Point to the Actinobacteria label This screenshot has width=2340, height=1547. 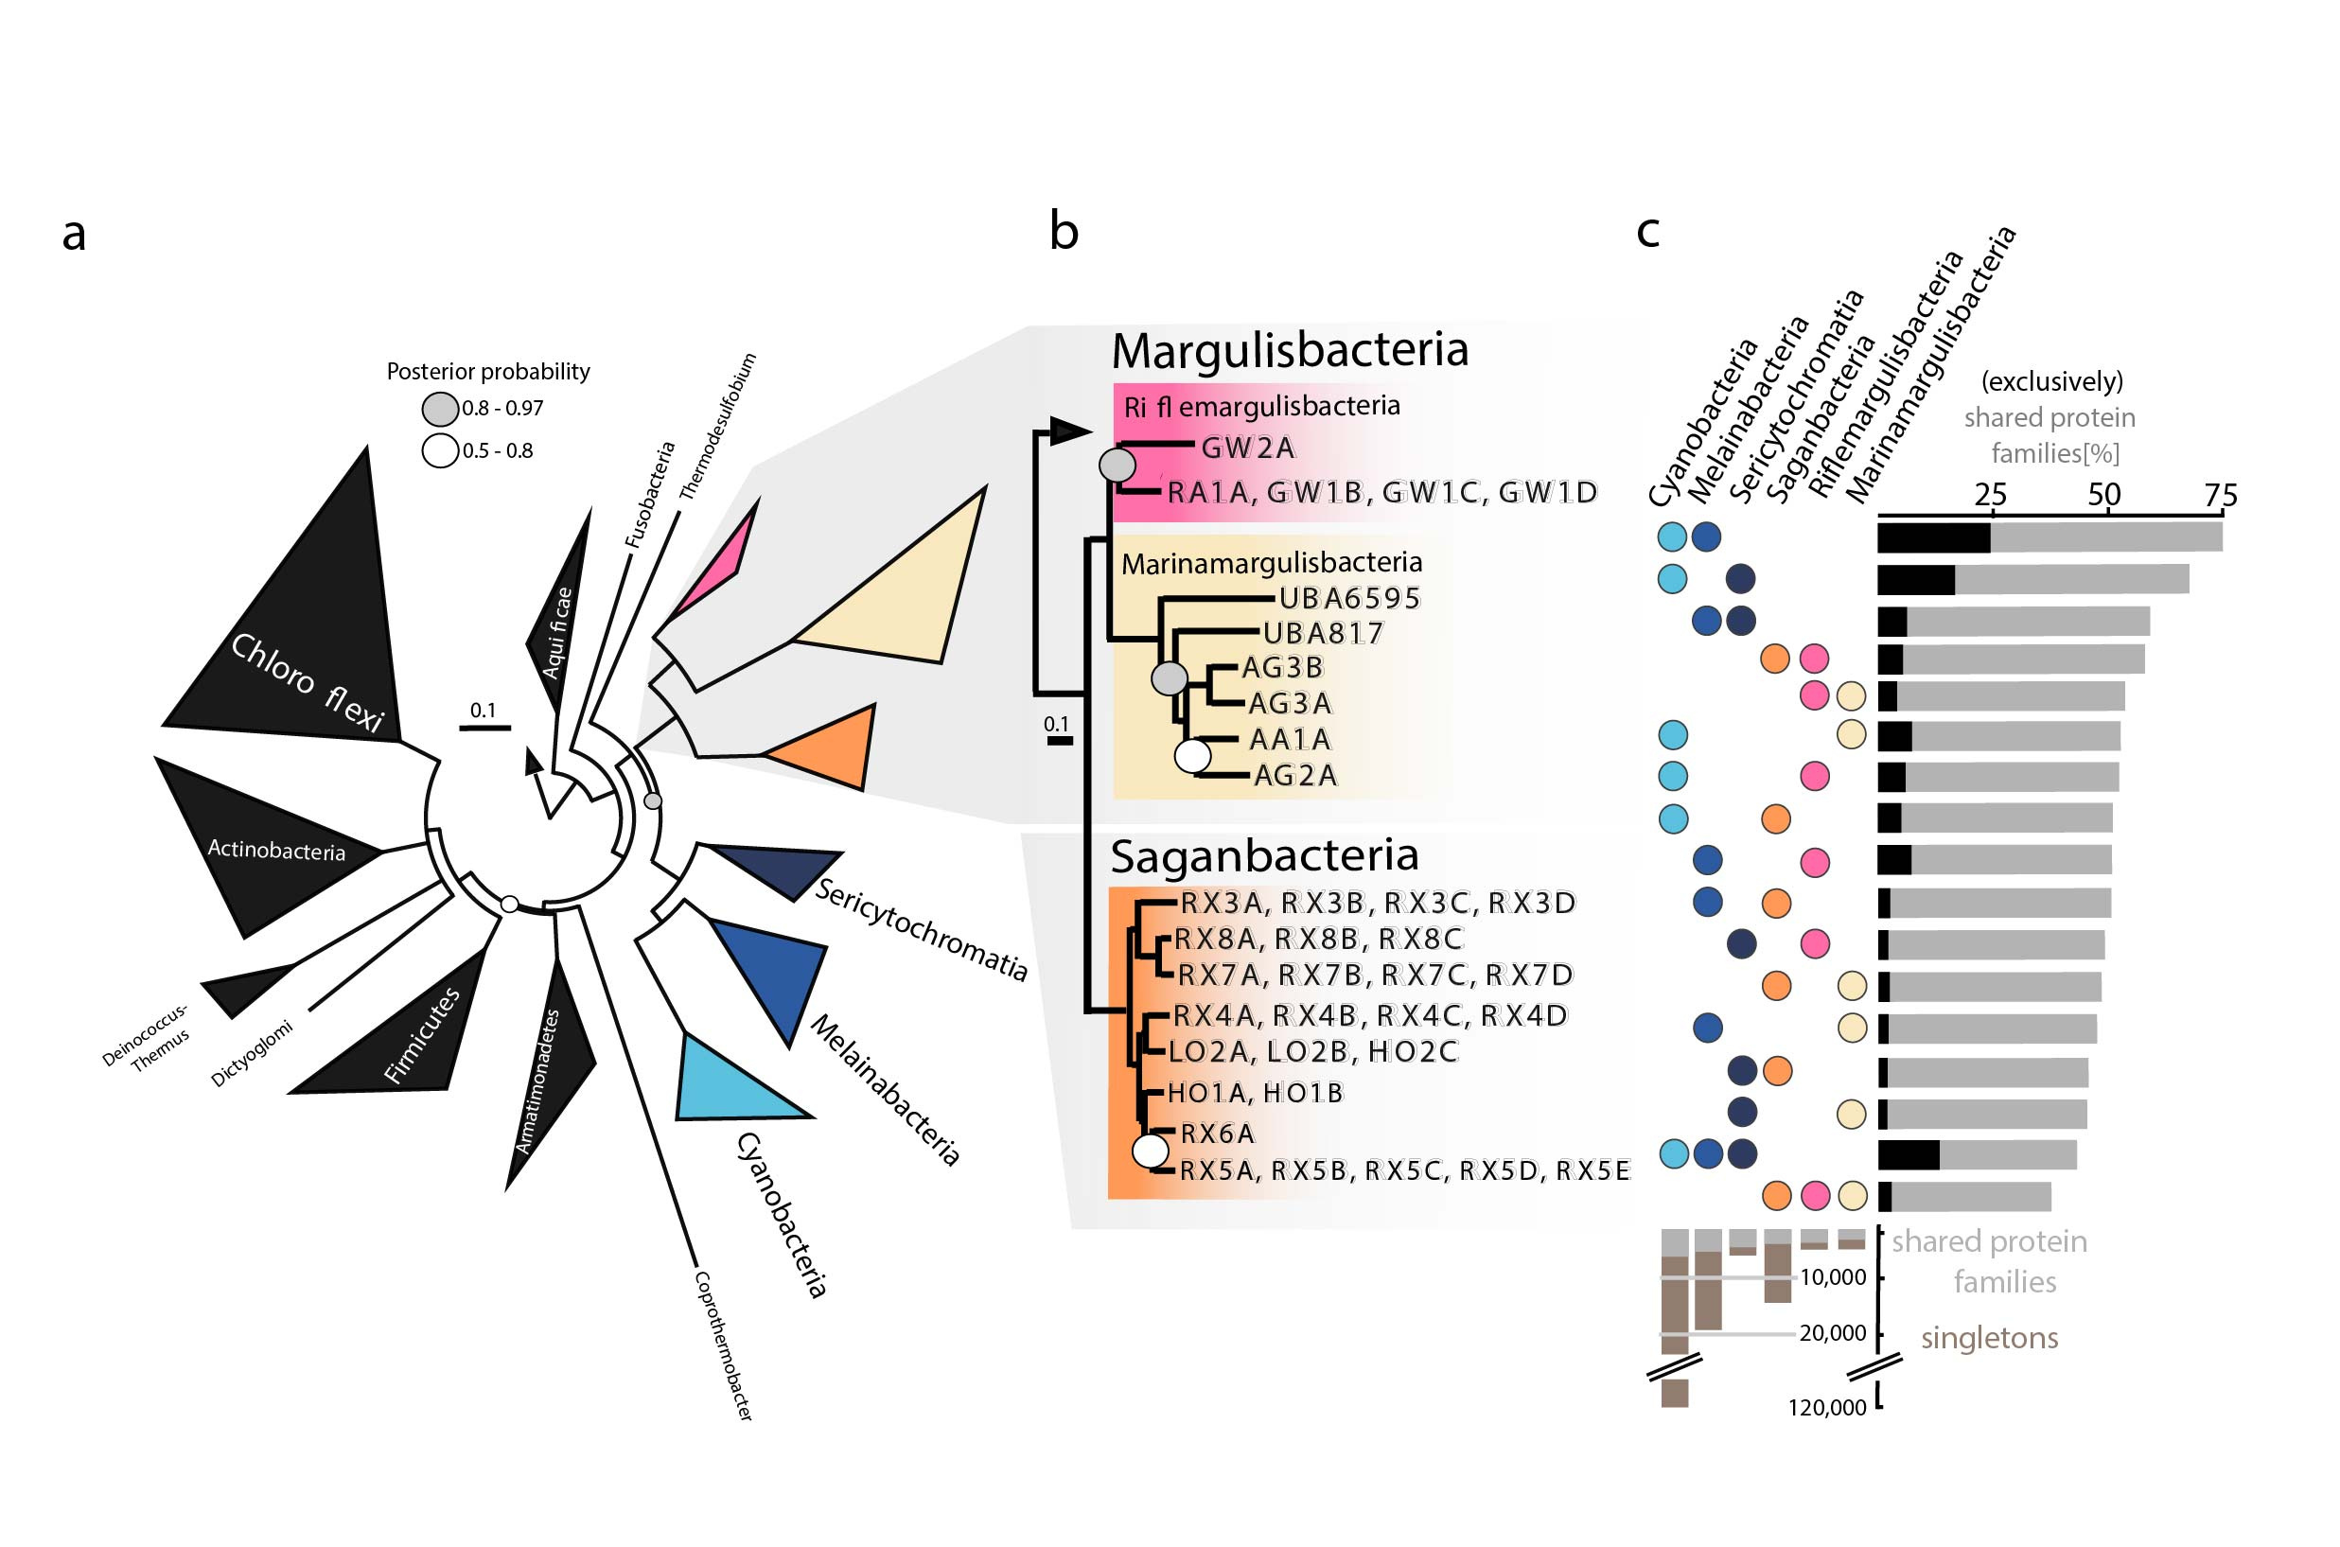point(276,850)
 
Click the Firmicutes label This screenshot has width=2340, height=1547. point(422,1035)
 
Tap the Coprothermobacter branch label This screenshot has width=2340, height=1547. point(723,1345)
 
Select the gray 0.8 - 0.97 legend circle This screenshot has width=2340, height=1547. point(440,409)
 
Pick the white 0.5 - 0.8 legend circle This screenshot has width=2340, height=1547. point(440,451)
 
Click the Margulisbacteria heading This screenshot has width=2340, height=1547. point(1290,349)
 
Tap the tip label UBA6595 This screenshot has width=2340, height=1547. point(1349,598)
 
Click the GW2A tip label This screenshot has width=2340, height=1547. point(1247,448)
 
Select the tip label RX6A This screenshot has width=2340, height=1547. point(1218,1134)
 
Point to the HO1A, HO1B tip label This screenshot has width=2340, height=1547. point(1255,1092)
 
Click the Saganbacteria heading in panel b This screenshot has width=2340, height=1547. point(1264,855)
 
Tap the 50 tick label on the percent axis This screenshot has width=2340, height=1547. point(2104,494)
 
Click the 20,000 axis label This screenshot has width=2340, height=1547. point(1833,1333)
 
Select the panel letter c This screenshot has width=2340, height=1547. point(1647,232)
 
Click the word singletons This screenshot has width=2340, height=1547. point(1989,1338)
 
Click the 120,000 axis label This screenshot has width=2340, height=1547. point(1827,1408)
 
